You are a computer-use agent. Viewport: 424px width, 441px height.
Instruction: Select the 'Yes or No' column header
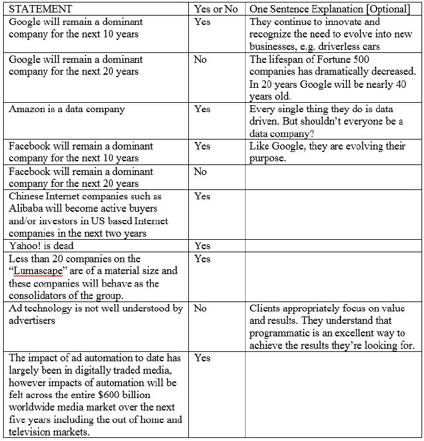coord(216,9)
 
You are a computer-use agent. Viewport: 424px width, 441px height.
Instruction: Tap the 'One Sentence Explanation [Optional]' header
coord(329,9)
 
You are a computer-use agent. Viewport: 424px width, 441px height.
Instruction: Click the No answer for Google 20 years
coord(200,60)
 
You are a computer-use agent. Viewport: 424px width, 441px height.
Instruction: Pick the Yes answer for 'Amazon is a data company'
coord(202,110)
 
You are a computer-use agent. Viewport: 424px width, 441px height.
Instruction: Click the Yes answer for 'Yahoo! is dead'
coord(202,246)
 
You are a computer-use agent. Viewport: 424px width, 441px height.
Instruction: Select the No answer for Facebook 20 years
coord(200,171)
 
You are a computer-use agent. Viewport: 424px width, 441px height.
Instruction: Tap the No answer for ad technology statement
coord(200,308)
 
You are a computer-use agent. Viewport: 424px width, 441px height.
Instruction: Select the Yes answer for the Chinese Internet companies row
coord(202,196)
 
